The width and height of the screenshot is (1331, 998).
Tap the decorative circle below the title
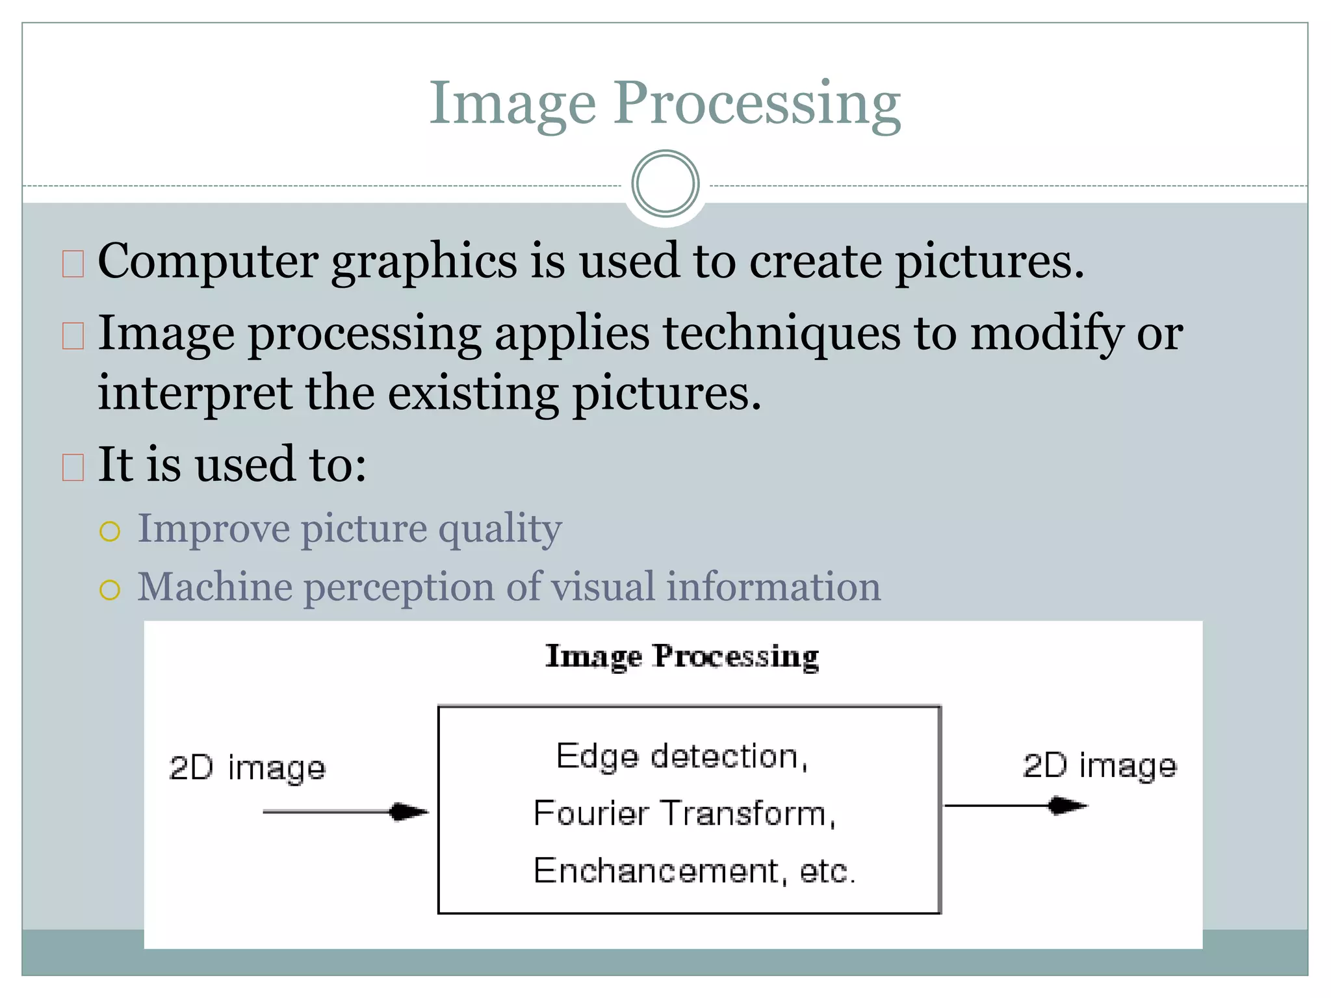tap(665, 184)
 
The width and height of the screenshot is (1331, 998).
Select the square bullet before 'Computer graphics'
tap(73, 264)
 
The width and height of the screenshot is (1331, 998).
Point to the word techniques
tap(781, 333)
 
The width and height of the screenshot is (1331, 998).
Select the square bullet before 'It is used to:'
tap(73, 467)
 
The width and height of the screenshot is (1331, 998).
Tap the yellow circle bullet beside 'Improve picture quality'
tap(110, 531)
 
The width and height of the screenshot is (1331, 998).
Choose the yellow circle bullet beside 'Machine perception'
tap(110, 590)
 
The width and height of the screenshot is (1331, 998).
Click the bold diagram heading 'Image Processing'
tap(682, 656)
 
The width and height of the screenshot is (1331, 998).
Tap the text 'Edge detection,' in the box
tap(682, 757)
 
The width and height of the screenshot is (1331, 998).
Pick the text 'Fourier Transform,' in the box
tap(684, 813)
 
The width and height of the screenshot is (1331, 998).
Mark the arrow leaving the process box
tap(1015, 806)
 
